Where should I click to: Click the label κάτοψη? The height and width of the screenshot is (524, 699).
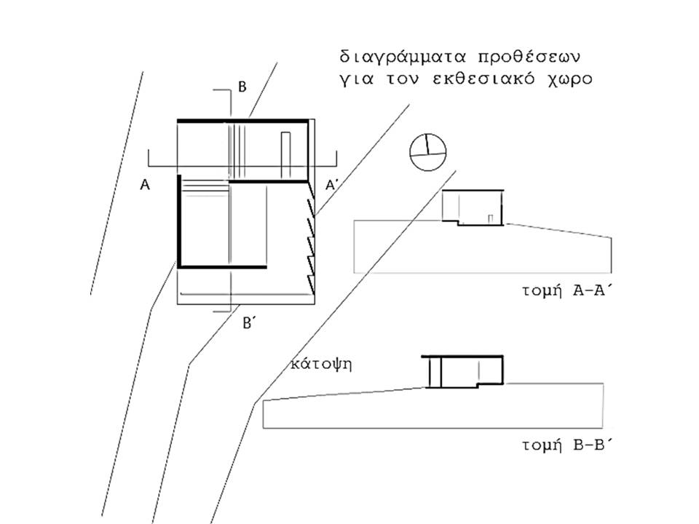pyautogui.click(x=321, y=365)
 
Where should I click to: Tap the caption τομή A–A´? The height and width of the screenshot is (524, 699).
pyautogui.click(x=565, y=291)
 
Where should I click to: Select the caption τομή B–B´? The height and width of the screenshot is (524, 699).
pyautogui.click(x=565, y=445)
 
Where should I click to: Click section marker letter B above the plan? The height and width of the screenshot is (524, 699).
pyautogui.click(x=242, y=87)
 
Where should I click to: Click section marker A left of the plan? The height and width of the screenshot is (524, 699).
pyautogui.click(x=145, y=184)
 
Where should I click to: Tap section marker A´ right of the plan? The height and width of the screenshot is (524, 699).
pyautogui.click(x=331, y=184)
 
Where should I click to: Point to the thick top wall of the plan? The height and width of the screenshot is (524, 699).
pyautogui.click(x=243, y=121)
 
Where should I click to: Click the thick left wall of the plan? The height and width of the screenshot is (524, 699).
pyautogui.click(x=179, y=221)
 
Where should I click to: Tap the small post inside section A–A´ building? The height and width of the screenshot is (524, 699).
pyautogui.click(x=490, y=218)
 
